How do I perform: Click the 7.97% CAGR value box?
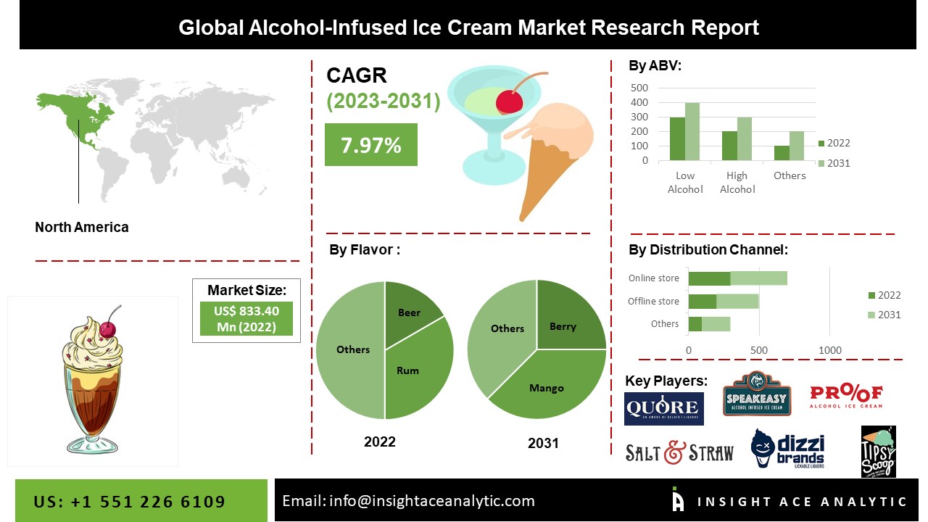(x=370, y=144)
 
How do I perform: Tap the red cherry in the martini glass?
(x=510, y=101)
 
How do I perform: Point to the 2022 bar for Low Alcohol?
(x=677, y=138)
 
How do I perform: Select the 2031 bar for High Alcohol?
(x=745, y=138)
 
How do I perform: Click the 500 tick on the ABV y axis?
(x=639, y=87)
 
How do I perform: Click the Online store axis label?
(x=653, y=278)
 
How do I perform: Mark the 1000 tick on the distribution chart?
(x=829, y=351)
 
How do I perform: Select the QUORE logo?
(x=663, y=408)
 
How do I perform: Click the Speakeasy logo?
(x=756, y=394)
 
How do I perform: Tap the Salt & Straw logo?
(x=679, y=453)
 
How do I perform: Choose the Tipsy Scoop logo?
(x=878, y=452)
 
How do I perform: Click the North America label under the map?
(x=82, y=227)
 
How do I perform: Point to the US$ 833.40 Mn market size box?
(x=246, y=319)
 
